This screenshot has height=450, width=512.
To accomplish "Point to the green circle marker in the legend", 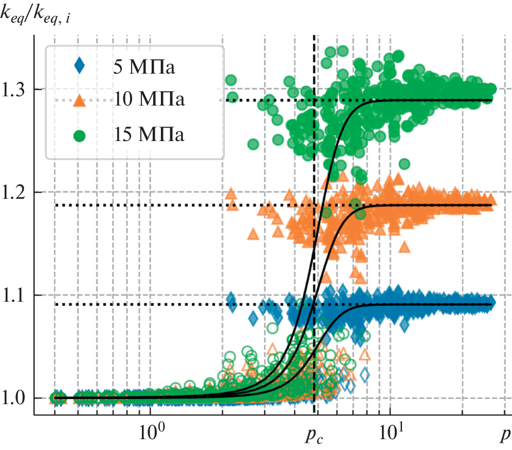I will [x=79, y=135].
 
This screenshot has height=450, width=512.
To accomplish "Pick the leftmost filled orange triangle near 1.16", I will [x=252, y=234].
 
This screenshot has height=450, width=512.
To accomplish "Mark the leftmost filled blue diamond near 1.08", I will [x=252, y=319].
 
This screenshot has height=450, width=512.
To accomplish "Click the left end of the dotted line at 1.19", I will [x=57, y=205].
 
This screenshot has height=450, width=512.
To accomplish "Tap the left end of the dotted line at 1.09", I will [x=57, y=305].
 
